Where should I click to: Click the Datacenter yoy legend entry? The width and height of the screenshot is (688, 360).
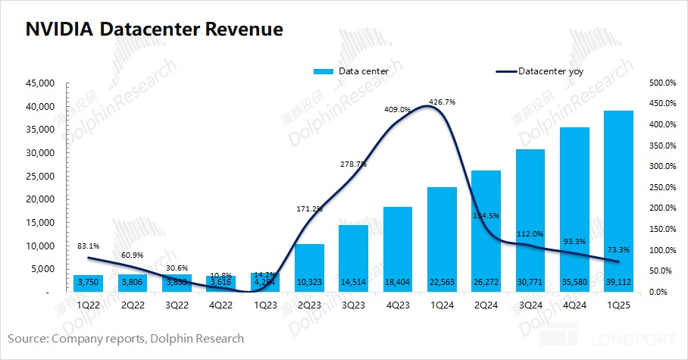point(550,72)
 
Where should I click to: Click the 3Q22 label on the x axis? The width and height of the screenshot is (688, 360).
point(176,305)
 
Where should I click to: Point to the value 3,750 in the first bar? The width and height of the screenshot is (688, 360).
point(88,281)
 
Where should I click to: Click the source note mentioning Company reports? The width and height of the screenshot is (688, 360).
point(126,338)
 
